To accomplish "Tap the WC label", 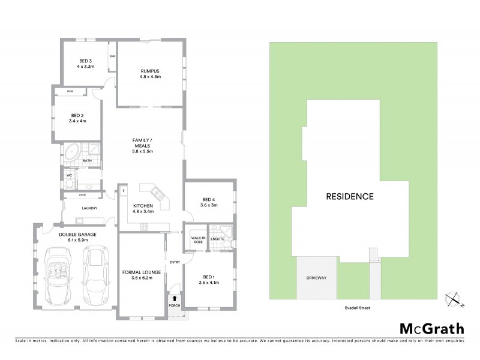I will pyautogui.click(x=69, y=176).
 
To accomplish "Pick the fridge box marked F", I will pyautogui.click(x=122, y=191).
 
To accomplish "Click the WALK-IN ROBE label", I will pyautogui.click(x=197, y=239).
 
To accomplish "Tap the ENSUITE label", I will pyautogui.click(x=218, y=239).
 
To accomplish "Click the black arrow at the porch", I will pyautogui.click(x=175, y=297).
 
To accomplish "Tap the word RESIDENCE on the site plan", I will pyautogui.click(x=350, y=196).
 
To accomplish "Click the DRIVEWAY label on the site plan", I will pyautogui.click(x=316, y=278).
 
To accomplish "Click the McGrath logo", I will pyautogui.click(x=431, y=328).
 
